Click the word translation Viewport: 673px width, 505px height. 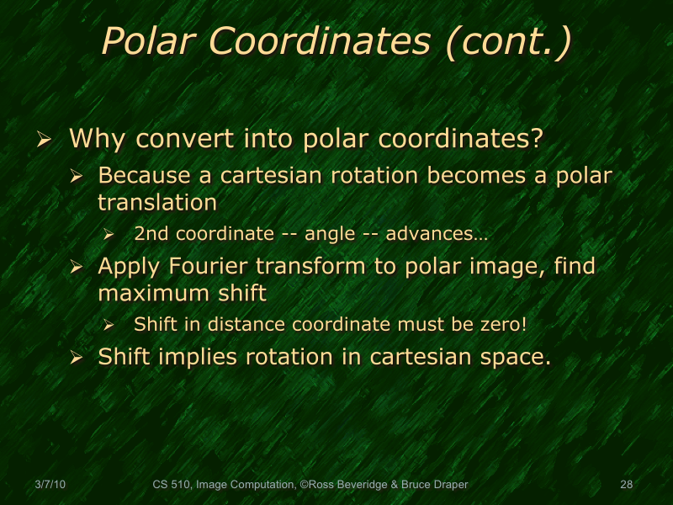click(x=157, y=202)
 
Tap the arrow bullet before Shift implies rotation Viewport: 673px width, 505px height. click(x=76, y=358)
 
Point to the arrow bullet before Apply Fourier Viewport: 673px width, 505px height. click(x=76, y=268)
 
